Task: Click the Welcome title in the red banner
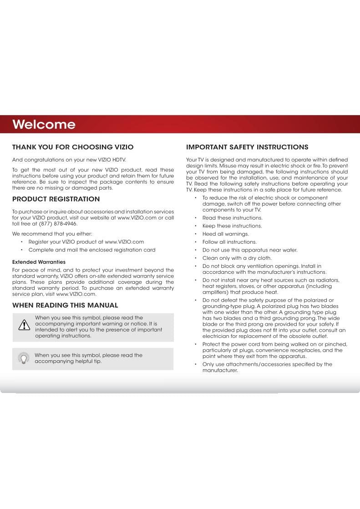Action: (x=44, y=124)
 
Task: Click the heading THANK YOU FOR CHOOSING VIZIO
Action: (x=73, y=147)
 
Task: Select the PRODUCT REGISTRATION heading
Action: (x=56, y=199)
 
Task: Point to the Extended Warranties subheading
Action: (x=39, y=262)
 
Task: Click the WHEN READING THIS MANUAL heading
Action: (x=65, y=305)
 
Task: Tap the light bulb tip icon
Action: (x=24, y=358)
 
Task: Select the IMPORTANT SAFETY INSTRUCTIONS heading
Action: (x=247, y=147)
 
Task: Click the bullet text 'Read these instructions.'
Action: (x=232, y=218)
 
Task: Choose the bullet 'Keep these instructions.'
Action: (x=232, y=226)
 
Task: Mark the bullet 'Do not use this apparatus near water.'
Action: (x=249, y=250)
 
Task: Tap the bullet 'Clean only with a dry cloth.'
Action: (x=237, y=258)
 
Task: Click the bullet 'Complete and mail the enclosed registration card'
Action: (x=91, y=250)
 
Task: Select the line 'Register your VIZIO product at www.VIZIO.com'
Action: (x=86, y=242)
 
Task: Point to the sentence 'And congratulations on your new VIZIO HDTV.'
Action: (x=69, y=160)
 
